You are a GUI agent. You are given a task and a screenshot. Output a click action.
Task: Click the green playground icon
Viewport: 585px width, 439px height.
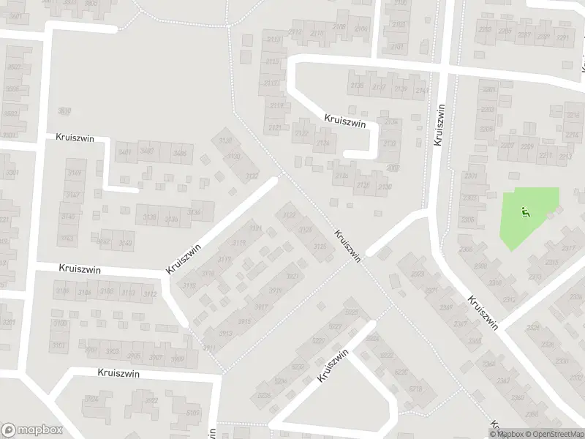point(524,214)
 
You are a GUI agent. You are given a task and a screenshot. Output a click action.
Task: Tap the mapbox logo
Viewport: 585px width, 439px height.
point(32,430)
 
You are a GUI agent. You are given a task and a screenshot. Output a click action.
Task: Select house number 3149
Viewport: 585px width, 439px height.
point(72,173)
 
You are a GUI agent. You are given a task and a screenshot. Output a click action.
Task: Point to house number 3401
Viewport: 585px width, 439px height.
point(124,152)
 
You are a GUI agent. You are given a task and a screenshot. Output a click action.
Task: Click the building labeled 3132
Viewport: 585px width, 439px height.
point(251,176)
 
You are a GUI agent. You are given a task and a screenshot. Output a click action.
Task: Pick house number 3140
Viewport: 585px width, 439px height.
point(125,243)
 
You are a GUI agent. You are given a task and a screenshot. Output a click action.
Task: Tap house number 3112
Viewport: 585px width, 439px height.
point(149,294)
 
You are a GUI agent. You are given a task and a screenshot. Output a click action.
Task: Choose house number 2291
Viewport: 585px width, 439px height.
point(562,38)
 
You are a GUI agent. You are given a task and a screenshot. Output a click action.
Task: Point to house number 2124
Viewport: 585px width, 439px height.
point(322,143)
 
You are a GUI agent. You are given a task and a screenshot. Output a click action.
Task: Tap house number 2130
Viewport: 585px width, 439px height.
point(385,187)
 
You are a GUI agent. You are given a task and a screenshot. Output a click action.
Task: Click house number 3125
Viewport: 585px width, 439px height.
point(319,247)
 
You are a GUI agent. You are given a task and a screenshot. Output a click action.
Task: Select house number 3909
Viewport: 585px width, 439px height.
point(175,359)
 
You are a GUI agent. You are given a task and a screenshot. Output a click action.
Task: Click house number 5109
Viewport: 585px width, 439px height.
point(193,413)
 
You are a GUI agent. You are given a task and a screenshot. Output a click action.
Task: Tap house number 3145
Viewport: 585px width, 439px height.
point(67,217)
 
